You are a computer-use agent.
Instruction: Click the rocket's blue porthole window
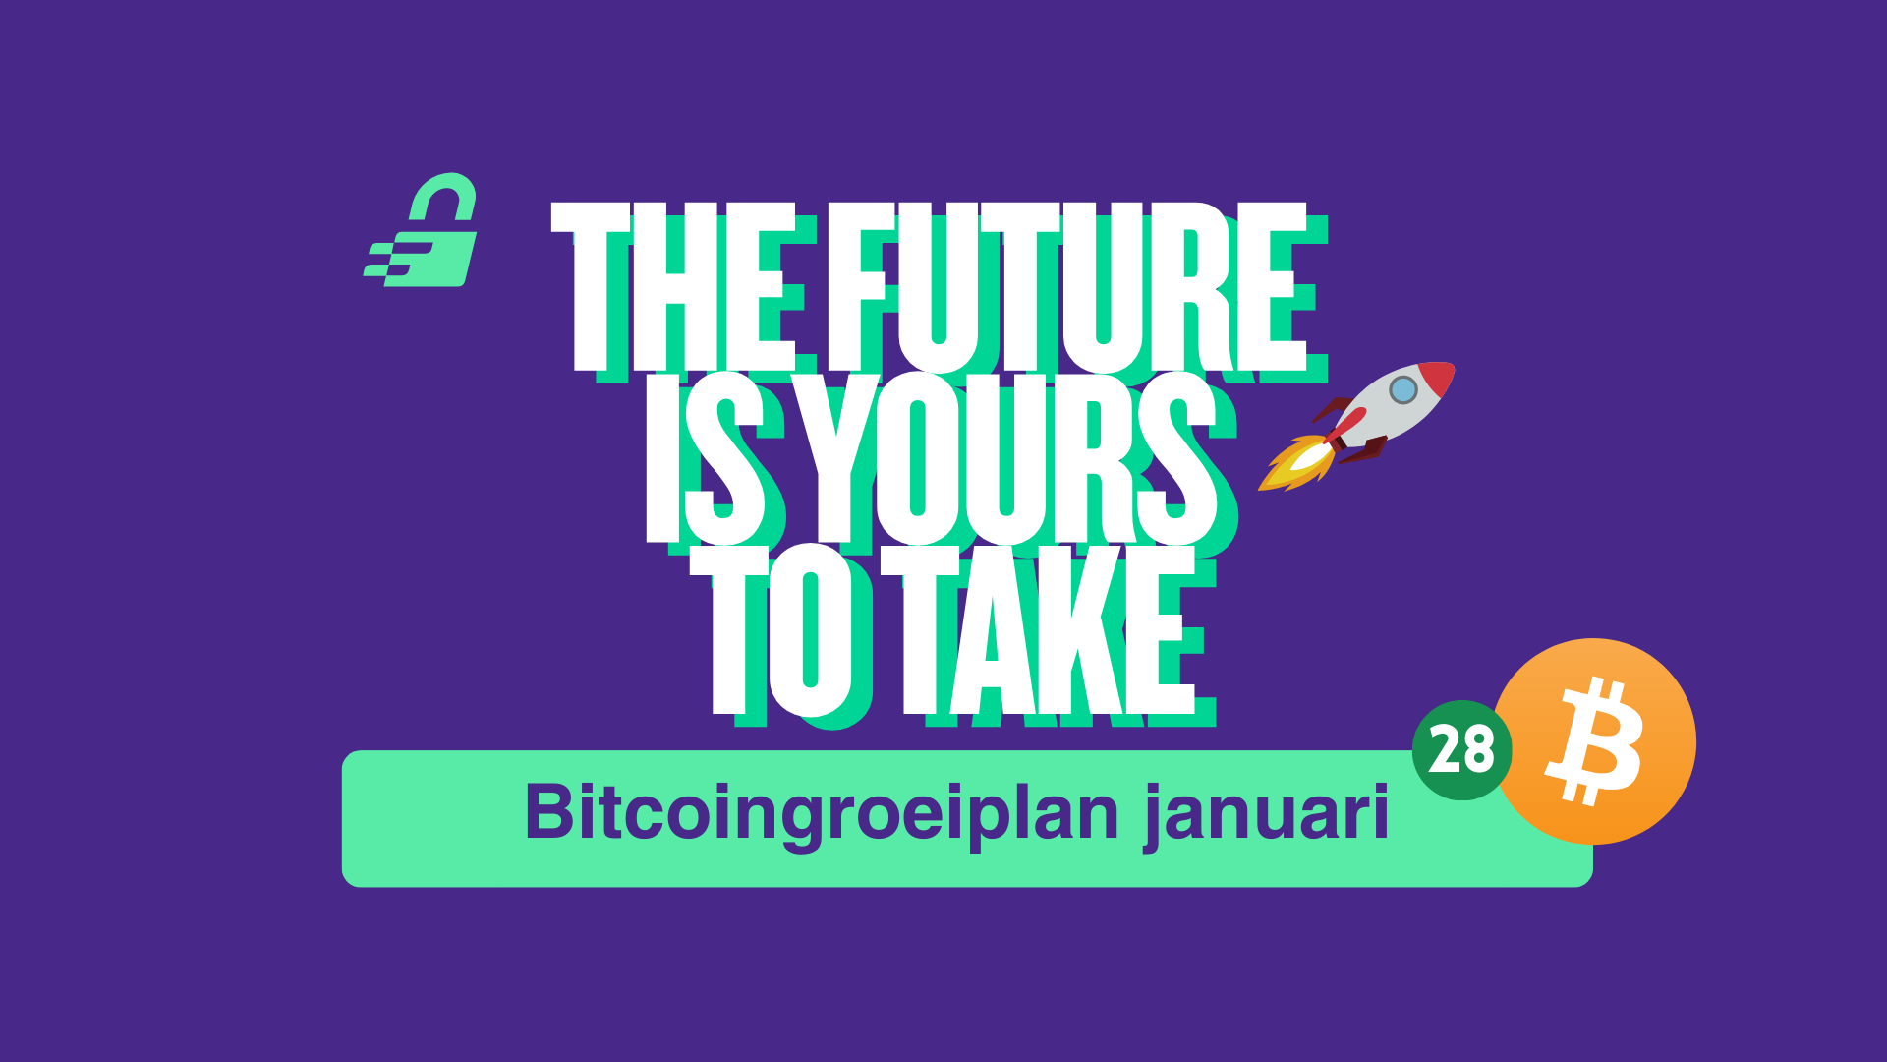click(x=1403, y=390)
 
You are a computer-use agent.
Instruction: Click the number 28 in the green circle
click(x=1461, y=750)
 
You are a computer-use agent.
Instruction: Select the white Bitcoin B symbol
click(x=1594, y=741)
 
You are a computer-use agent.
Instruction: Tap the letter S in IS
click(x=725, y=458)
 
